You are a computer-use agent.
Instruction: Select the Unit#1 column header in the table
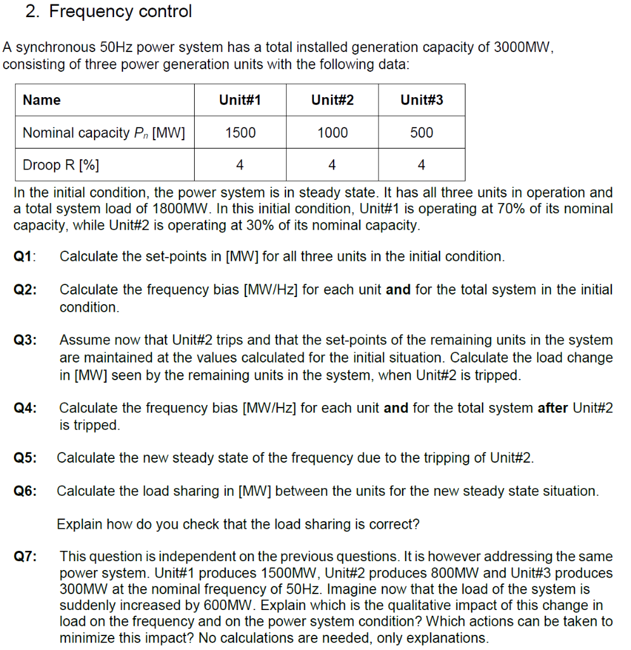pyautogui.click(x=240, y=100)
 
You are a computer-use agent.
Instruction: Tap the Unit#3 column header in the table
pyautogui.click(x=422, y=100)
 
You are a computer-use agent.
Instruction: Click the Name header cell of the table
pyautogui.click(x=42, y=100)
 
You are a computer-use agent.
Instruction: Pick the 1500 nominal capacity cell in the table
pyautogui.click(x=240, y=133)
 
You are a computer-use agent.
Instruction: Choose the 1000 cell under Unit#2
pyautogui.click(x=332, y=133)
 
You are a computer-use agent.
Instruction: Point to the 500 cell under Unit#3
pyautogui.click(x=422, y=133)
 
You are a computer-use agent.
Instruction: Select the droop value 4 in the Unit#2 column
pyautogui.click(x=332, y=165)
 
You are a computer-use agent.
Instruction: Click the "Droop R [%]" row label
pyautogui.click(x=61, y=165)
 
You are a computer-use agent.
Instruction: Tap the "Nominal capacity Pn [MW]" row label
pyautogui.click(x=103, y=133)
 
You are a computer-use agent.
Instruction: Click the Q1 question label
pyautogui.click(x=24, y=256)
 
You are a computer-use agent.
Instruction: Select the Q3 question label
pyautogui.click(x=25, y=340)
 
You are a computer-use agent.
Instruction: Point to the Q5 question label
pyautogui.click(x=25, y=458)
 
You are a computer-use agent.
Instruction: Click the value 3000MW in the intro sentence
pyautogui.click(x=523, y=48)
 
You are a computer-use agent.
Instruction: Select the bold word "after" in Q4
pyautogui.click(x=553, y=408)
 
